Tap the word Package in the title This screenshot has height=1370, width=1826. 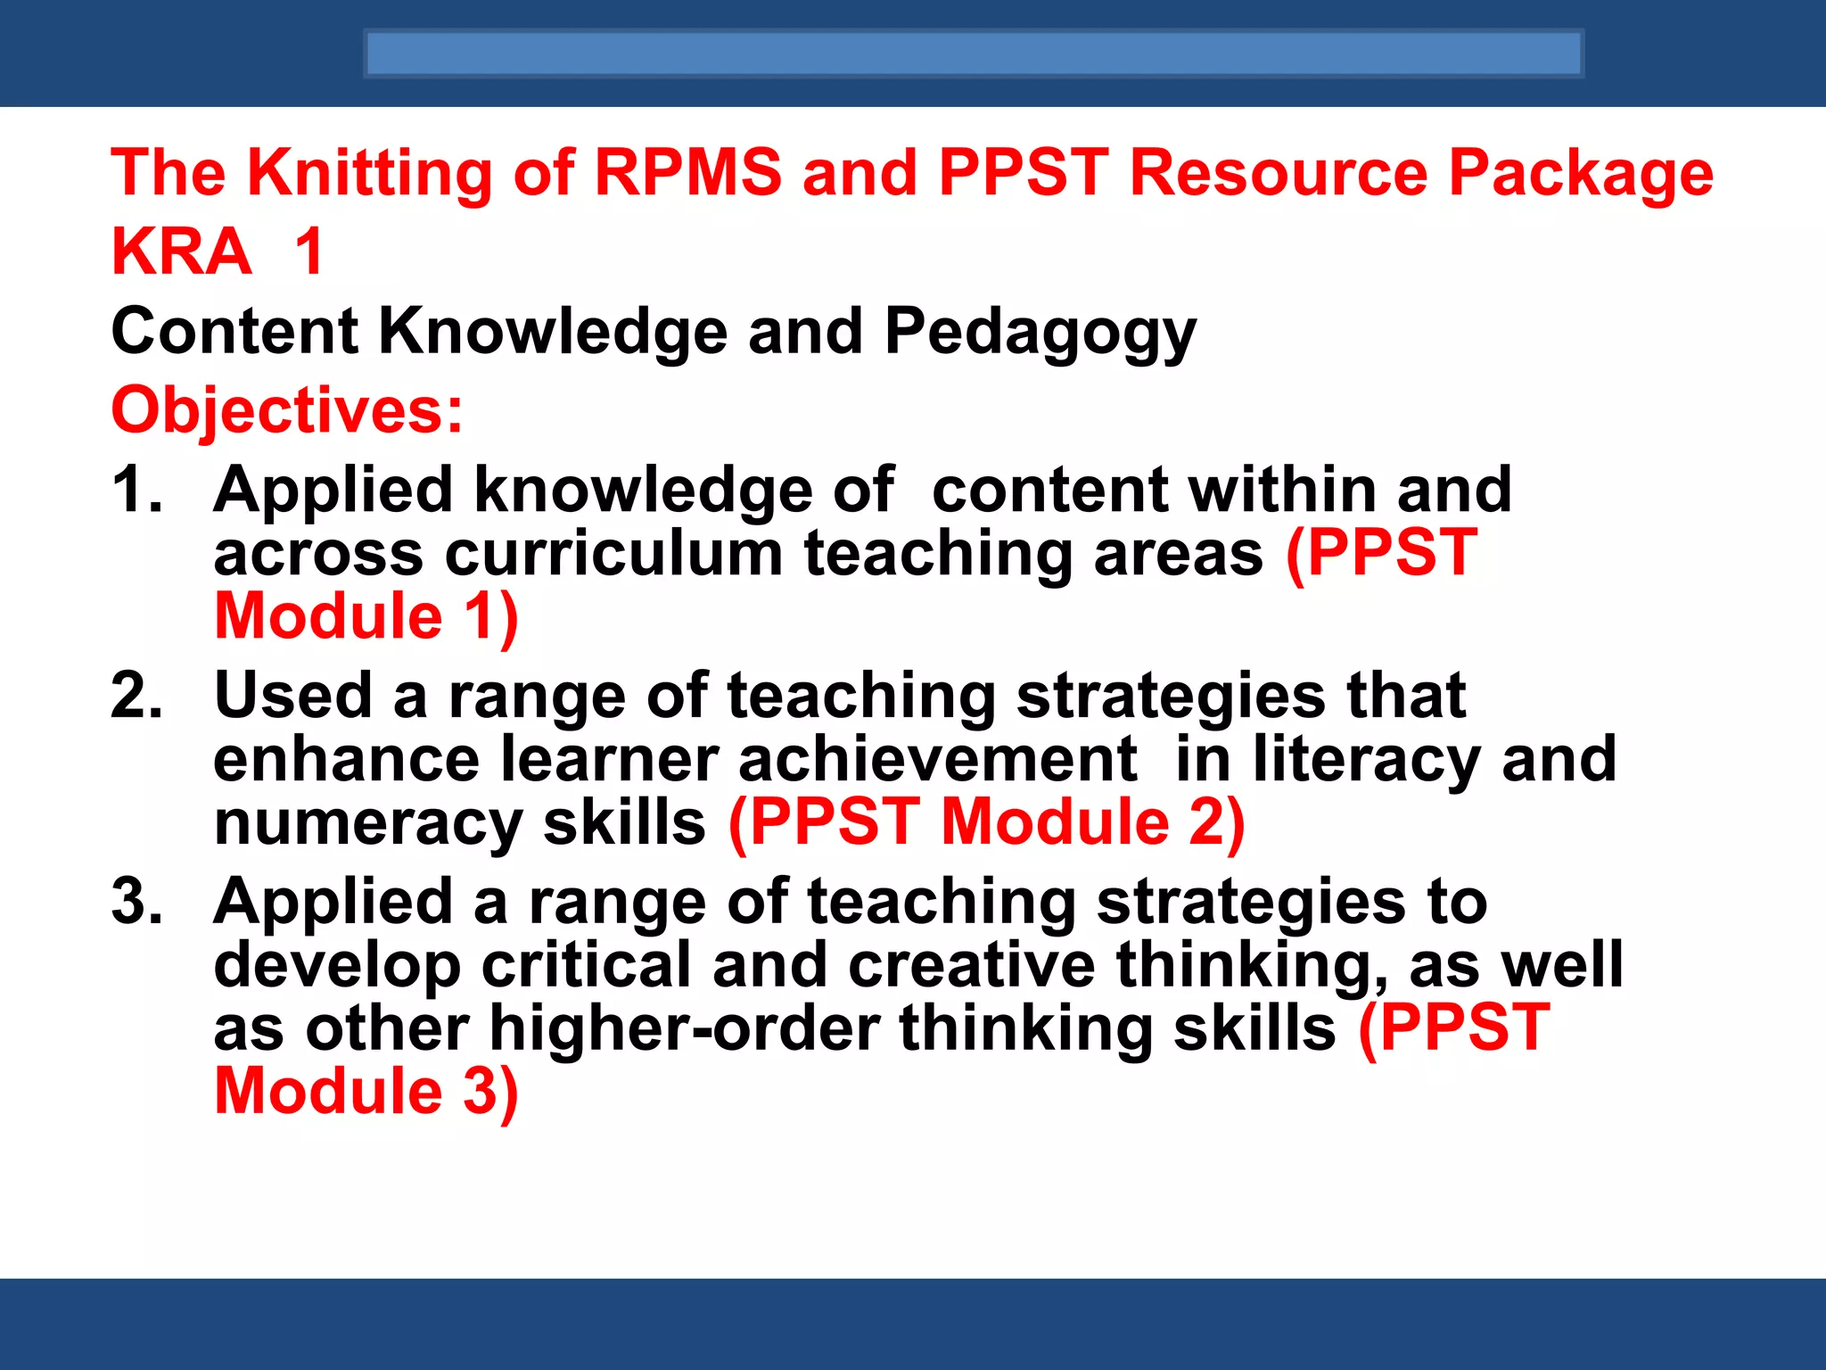(x=1580, y=174)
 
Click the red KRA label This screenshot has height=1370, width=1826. (x=181, y=252)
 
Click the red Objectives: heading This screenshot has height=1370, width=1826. (x=287, y=410)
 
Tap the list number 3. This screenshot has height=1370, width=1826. (x=136, y=901)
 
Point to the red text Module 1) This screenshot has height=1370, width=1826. (x=366, y=617)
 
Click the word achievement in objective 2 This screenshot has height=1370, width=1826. (x=937, y=760)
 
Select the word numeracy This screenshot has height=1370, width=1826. (x=367, y=824)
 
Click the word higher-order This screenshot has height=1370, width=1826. (x=684, y=1029)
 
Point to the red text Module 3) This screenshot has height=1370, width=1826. (x=366, y=1092)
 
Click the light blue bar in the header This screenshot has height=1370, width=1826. (x=973, y=54)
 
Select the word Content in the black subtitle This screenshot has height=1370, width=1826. (x=234, y=332)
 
